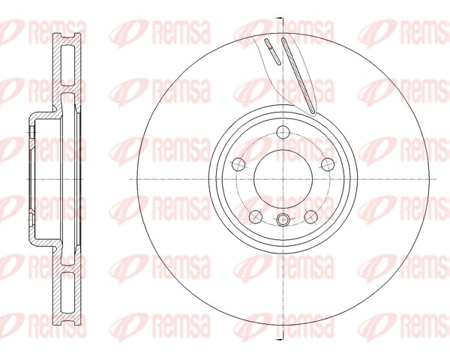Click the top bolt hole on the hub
[x=282, y=133]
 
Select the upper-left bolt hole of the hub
[x=238, y=164]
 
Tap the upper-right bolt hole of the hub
[x=326, y=164]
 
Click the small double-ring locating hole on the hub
[x=283, y=220]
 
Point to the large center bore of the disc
[x=282, y=180]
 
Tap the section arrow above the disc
[x=278, y=16]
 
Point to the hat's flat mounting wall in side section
[x=31, y=180]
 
